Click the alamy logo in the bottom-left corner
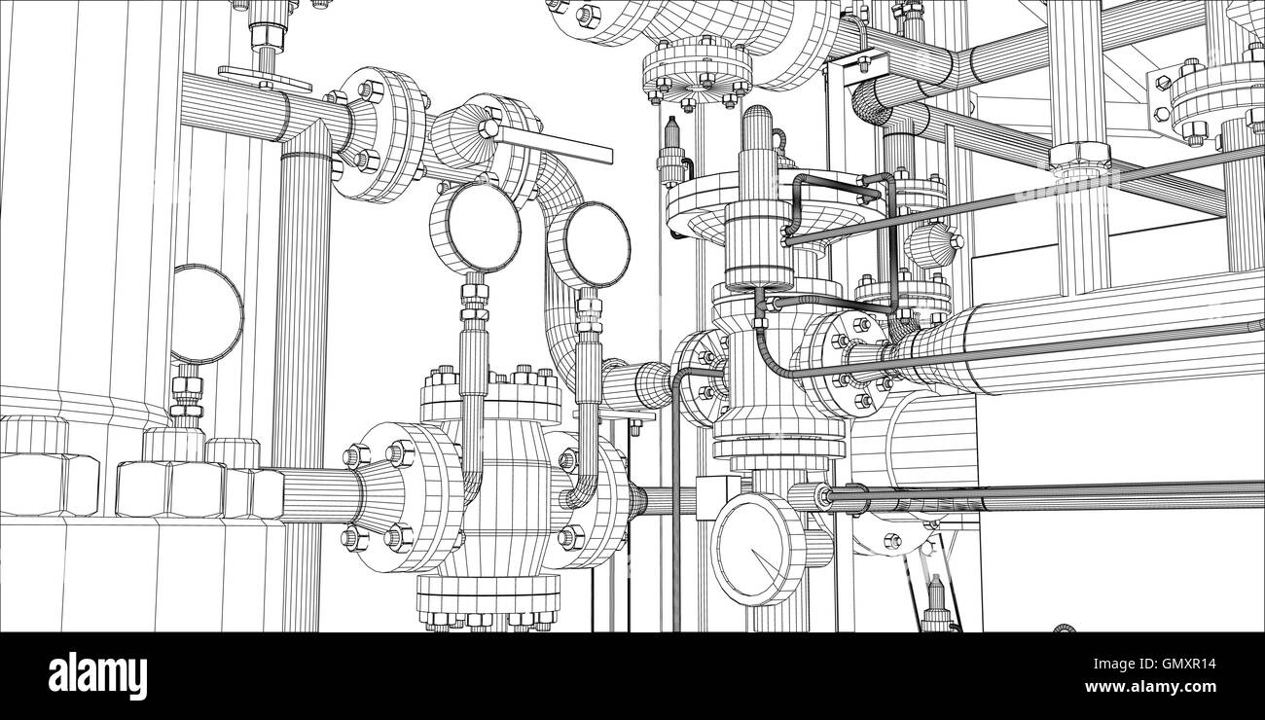(x=97, y=675)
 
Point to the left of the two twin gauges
(x=475, y=228)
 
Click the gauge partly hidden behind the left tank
(x=207, y=314)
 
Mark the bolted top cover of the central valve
(x=489, y=395)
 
